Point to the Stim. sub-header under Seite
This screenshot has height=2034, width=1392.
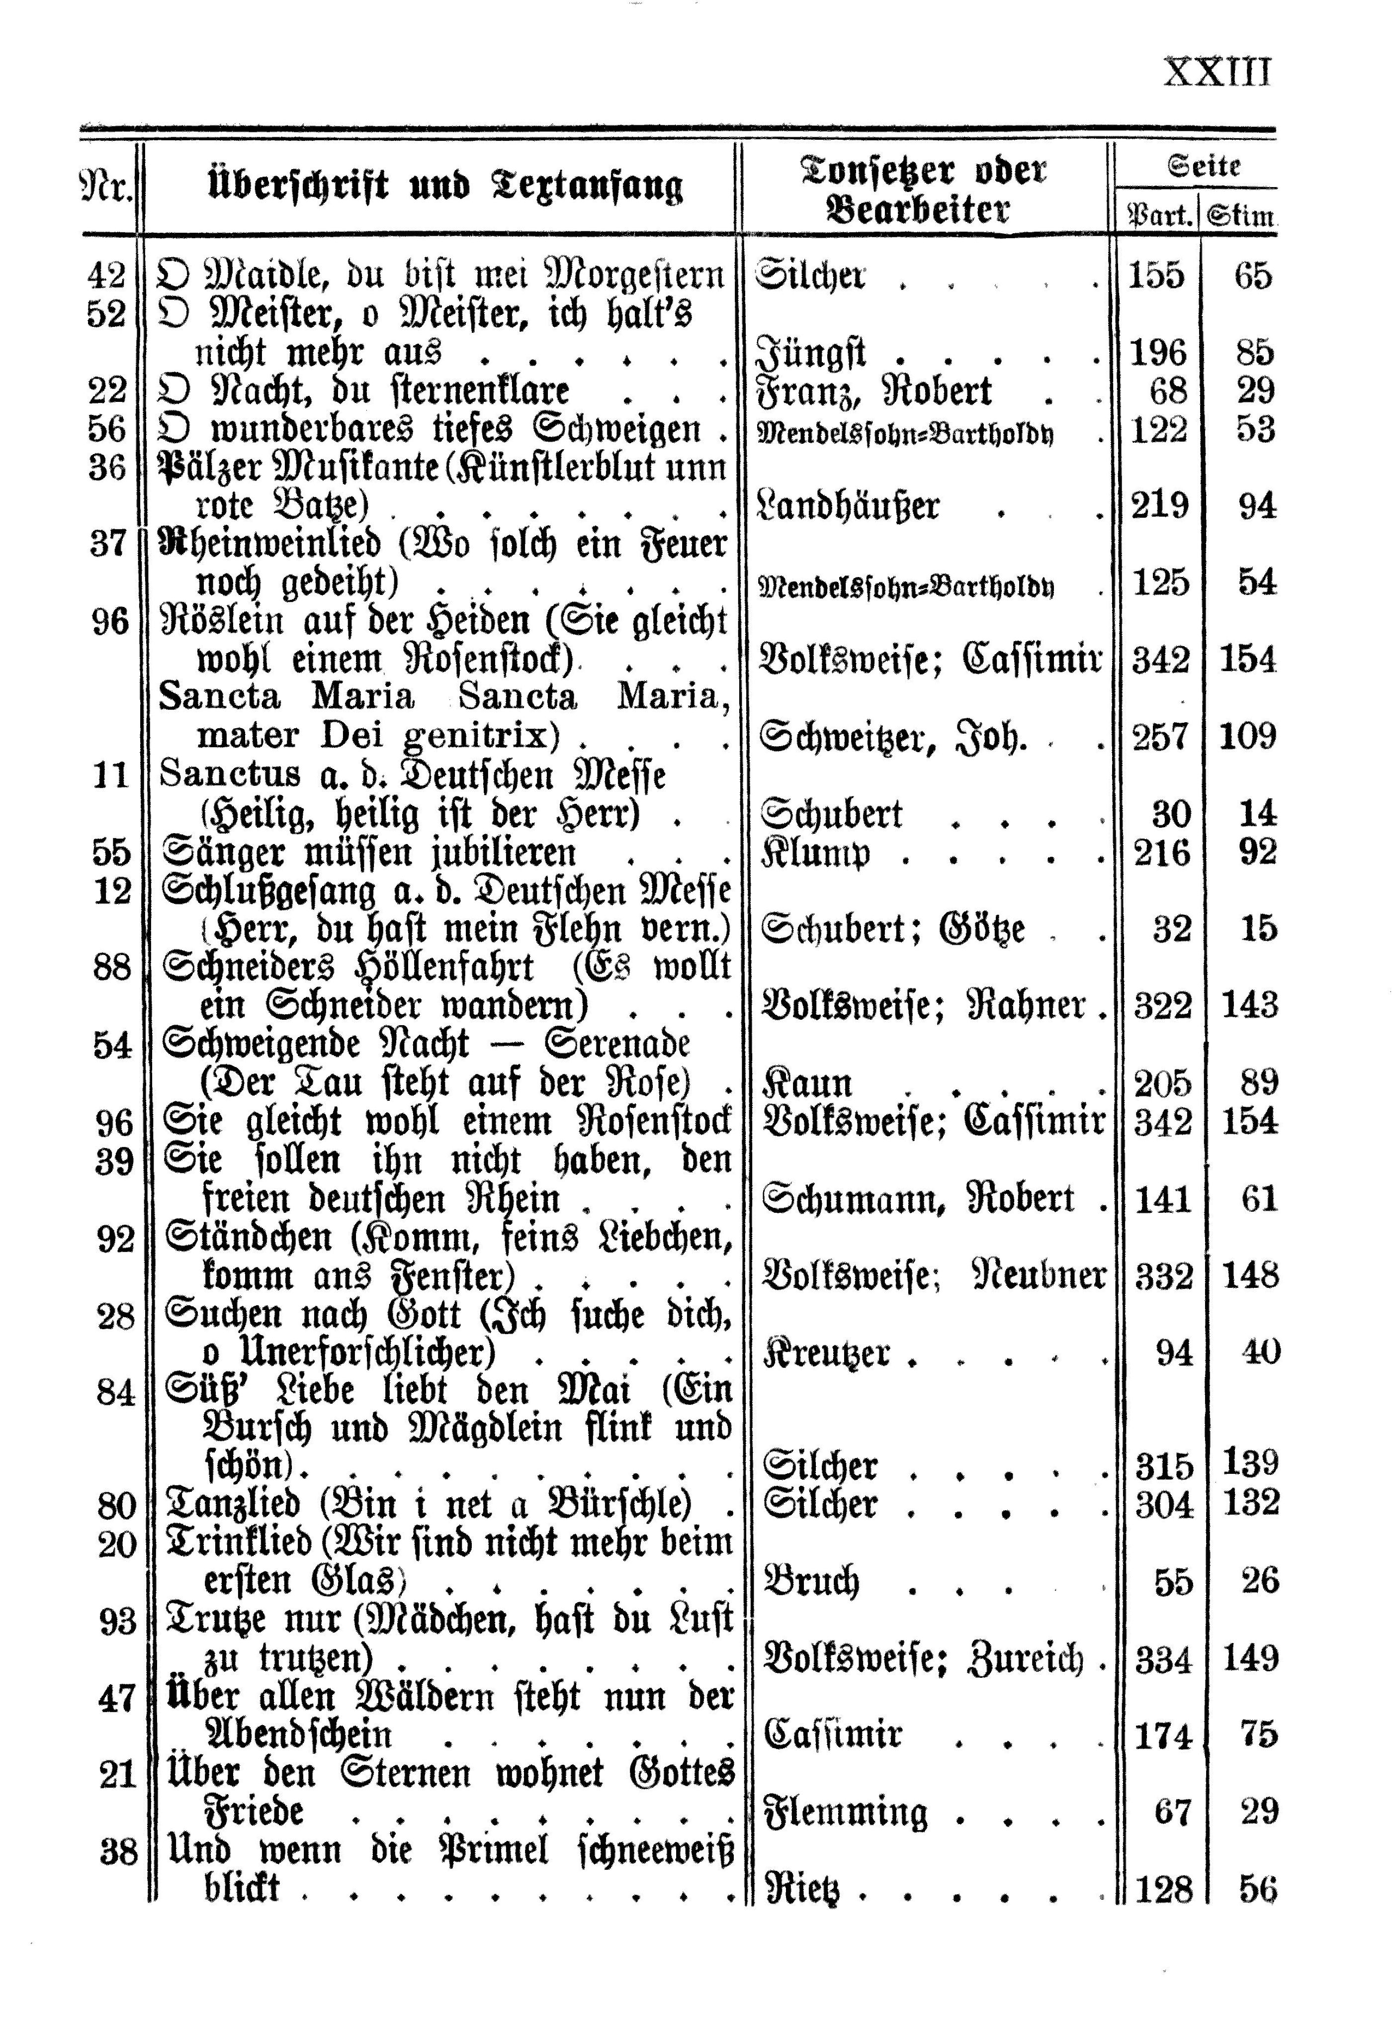point(1240,214)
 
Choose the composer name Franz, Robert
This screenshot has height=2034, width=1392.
point(873,391)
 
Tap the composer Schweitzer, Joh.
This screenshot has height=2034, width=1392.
point(892,737)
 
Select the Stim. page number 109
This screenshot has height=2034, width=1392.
point(1248,736)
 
